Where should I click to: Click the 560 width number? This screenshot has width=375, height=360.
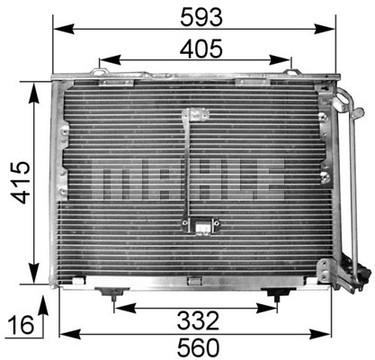tap(198, 346)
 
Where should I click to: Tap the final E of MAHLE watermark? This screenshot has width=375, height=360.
tap(267, 181)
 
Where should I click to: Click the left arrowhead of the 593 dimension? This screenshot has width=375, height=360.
tap(57, 27)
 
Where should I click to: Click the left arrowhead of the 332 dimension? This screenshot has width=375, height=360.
tap(117, 307)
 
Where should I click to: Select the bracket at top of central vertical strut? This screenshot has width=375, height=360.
tap(191, 114)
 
